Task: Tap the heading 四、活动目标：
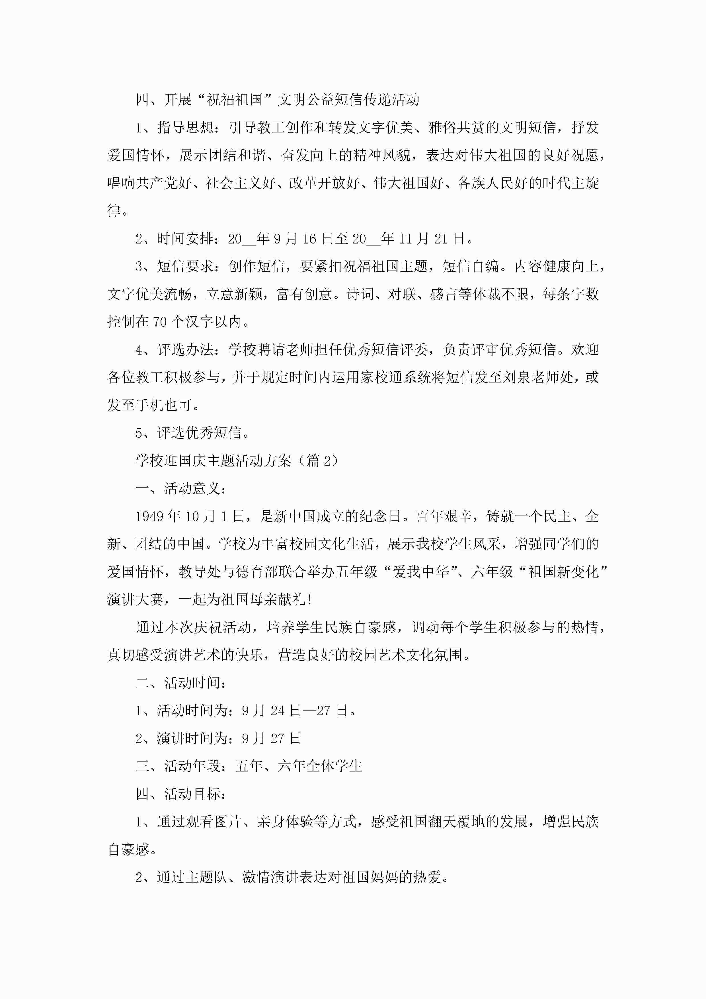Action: coord(181,794)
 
